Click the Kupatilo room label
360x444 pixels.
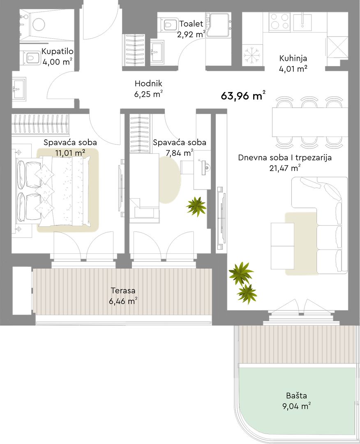coord(58,51)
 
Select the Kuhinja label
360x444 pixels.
coord(293,58)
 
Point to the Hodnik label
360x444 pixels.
coord(148,83)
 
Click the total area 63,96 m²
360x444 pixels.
coord(243,95)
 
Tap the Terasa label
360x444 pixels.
coord(123,291)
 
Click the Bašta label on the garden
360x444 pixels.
coord(296,395)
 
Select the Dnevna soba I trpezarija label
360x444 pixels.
coord(285,157)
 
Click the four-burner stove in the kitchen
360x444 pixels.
coord(280,21)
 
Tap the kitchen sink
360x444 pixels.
coord(302,22)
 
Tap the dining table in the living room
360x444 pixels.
coord(310,122)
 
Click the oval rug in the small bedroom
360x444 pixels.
coord(169,180)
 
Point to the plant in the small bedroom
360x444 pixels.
coord(196,206)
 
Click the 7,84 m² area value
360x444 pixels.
coord(180,153)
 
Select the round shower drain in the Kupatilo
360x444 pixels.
coord(39,24)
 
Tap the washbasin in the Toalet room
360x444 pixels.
coord(157,51)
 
